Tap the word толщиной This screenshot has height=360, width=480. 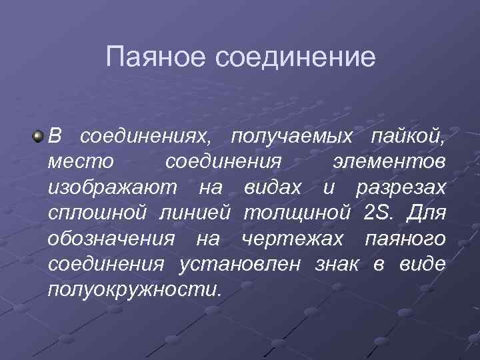(x=297, y=213)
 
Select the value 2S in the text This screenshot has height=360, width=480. (x=380, y=213)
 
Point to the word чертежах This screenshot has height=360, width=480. (x=294, y=239)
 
